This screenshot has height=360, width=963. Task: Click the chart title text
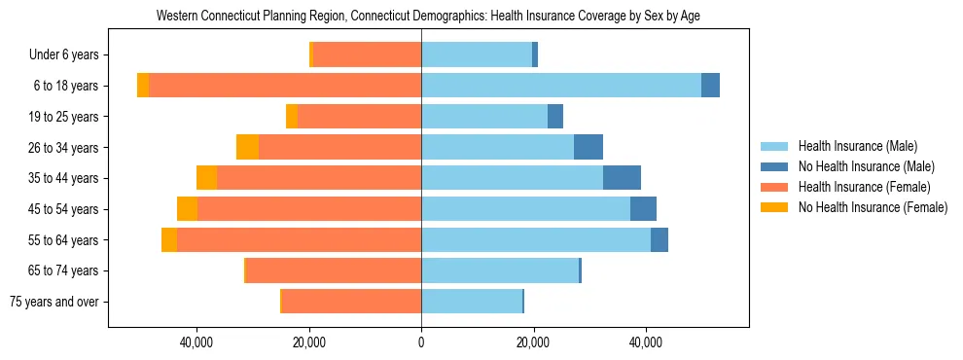point(428,16)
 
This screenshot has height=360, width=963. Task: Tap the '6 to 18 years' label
point(66,86)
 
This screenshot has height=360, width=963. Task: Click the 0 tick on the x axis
point(421,342)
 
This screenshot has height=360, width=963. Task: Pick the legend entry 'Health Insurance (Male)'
point(857,146)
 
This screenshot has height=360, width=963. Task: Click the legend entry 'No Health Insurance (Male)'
point(866,166)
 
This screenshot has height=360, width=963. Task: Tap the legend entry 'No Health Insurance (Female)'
point(873,207)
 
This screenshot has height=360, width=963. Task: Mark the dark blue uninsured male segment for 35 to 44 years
point(622,178)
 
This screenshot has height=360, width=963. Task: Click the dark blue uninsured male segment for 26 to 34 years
point(588,147)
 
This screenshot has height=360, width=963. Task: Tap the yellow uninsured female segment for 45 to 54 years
point(187,209)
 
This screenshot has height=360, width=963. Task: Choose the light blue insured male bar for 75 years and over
point(472,302)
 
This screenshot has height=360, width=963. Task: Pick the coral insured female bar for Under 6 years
point(367,55)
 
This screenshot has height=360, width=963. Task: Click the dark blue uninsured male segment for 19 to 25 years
point(555,117)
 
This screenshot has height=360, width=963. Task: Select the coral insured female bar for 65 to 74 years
point(334,270)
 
